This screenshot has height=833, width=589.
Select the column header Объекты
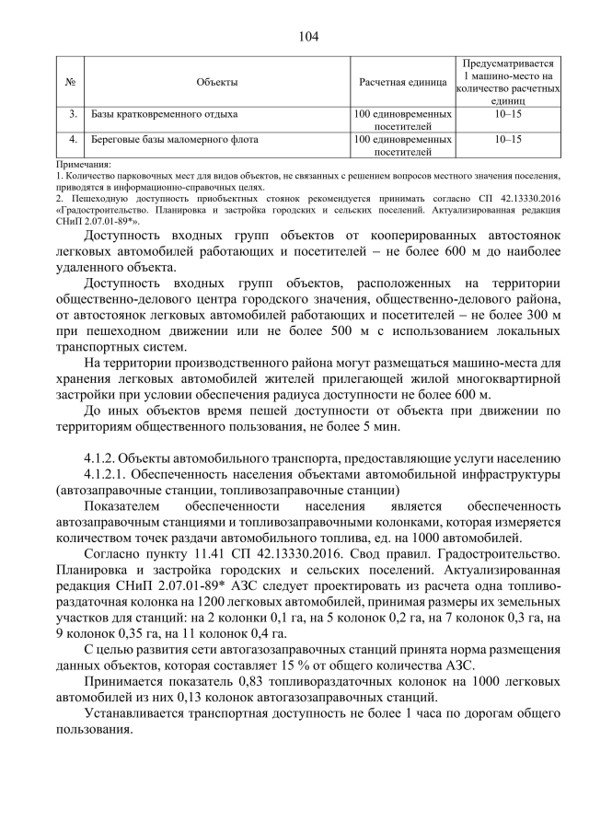coord(217,83)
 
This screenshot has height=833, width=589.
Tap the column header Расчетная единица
coord(402,83)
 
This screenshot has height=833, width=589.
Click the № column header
coord(71,83)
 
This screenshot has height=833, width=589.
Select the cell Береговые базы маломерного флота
coord(174,140)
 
